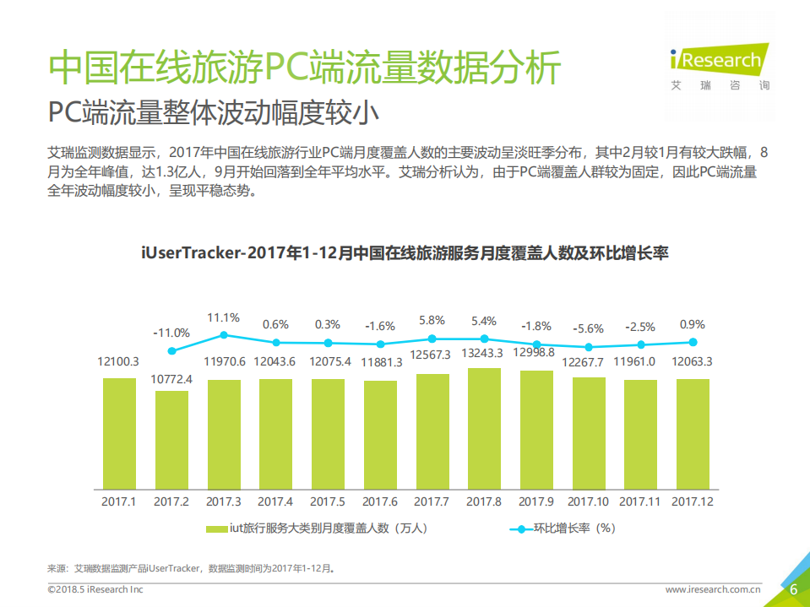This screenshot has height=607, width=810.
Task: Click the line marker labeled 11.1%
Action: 224,335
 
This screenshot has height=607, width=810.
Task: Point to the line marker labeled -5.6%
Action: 589,347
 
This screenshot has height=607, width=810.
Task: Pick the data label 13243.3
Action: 484,353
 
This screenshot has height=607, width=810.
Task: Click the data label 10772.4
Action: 171,379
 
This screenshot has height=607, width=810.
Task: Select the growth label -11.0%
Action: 171,333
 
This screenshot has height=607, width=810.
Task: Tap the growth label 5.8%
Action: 432,321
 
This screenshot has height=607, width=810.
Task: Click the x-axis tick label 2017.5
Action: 328,501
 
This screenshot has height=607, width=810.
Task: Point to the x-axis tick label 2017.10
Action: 589,501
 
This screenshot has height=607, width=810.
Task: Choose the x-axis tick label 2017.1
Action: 119,501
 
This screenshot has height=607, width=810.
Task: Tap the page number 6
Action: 793,588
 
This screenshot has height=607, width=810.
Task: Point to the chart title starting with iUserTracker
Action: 405,252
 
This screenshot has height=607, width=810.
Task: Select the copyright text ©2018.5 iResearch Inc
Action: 95,589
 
